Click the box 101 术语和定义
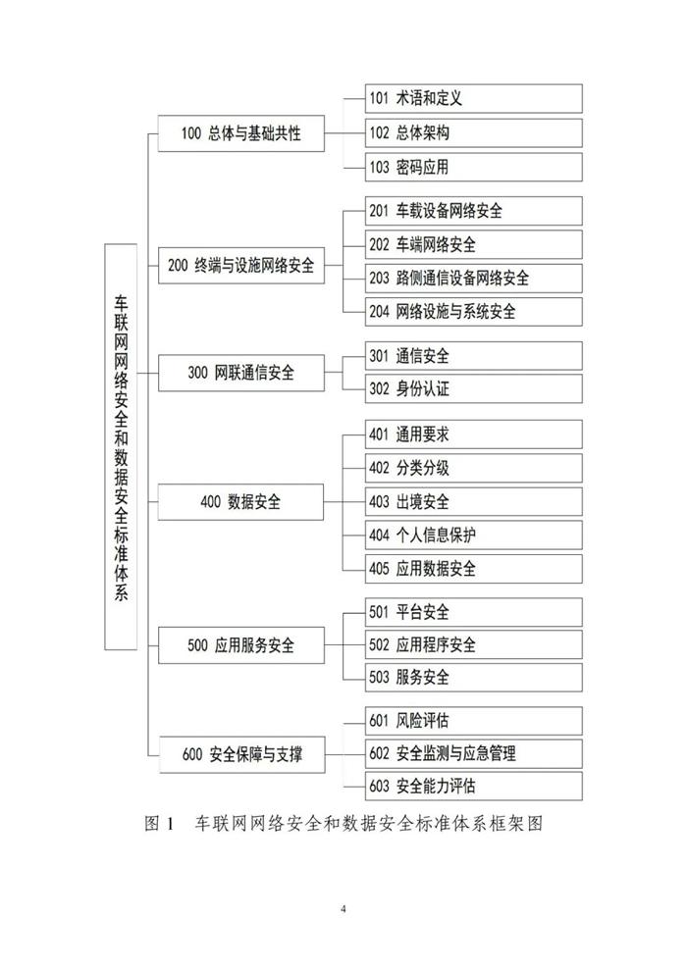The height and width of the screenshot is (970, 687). click(x=462, y=98)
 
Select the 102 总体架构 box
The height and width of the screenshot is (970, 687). click(x=462, y=132)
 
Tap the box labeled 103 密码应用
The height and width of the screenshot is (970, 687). click(x=462, y=167)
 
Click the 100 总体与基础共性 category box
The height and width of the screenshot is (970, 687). click(x=240, y=134)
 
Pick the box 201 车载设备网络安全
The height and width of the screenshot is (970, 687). click(x=462, y=211)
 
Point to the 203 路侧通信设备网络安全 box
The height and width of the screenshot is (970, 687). click(x=462, y=278)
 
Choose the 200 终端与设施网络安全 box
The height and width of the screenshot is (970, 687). click(x=240, y=265)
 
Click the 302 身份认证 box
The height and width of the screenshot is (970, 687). click(x=462, y=388)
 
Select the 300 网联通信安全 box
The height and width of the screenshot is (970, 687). click(x=240, y=373)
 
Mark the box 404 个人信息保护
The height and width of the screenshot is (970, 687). click(x=462, y=535)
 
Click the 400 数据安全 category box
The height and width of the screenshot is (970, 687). click(x=240, y=501)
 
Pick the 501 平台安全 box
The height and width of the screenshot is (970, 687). click(x=462, y=613)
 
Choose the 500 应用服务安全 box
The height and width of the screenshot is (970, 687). click(x=240, y=646)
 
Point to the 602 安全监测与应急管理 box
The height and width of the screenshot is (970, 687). click(x=462, y=753)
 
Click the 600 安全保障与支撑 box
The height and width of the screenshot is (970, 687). click(x=240, y=754)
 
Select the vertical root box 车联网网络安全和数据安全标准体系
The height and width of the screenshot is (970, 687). click(x=121, y=446)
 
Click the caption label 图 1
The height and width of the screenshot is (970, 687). click(x=158, y=824)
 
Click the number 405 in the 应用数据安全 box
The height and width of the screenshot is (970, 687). click(x=380, y=569)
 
